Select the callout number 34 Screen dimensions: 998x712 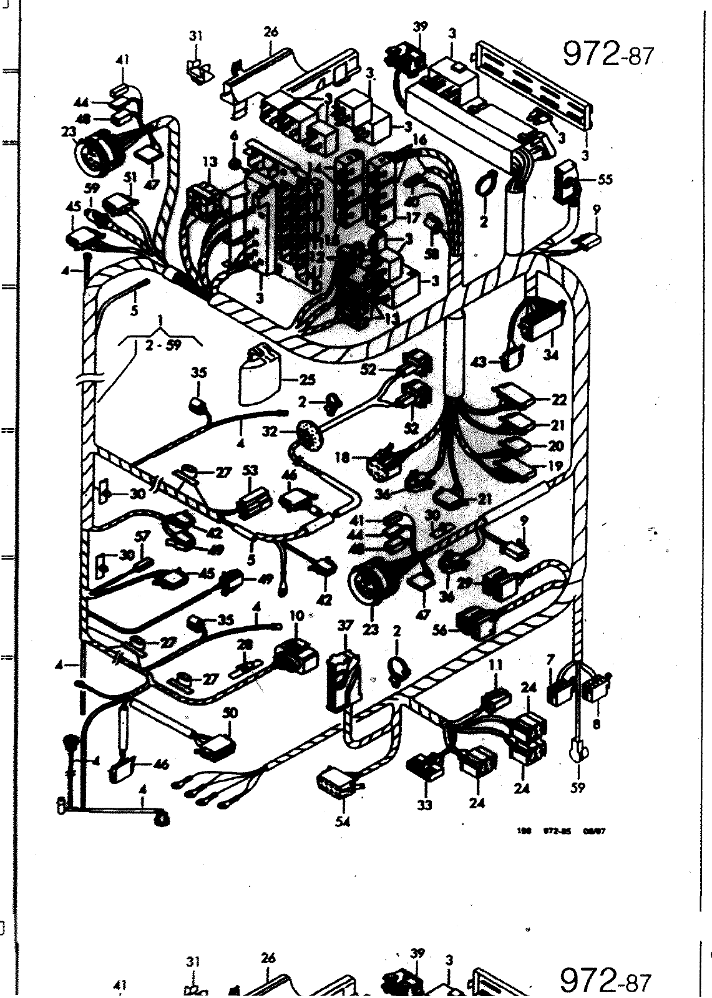(551, 355)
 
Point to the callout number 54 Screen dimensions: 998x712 (343, 821)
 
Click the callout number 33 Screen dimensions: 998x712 (424, 805)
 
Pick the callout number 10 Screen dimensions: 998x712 (296, 615)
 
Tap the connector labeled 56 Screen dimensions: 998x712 (479, 621)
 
